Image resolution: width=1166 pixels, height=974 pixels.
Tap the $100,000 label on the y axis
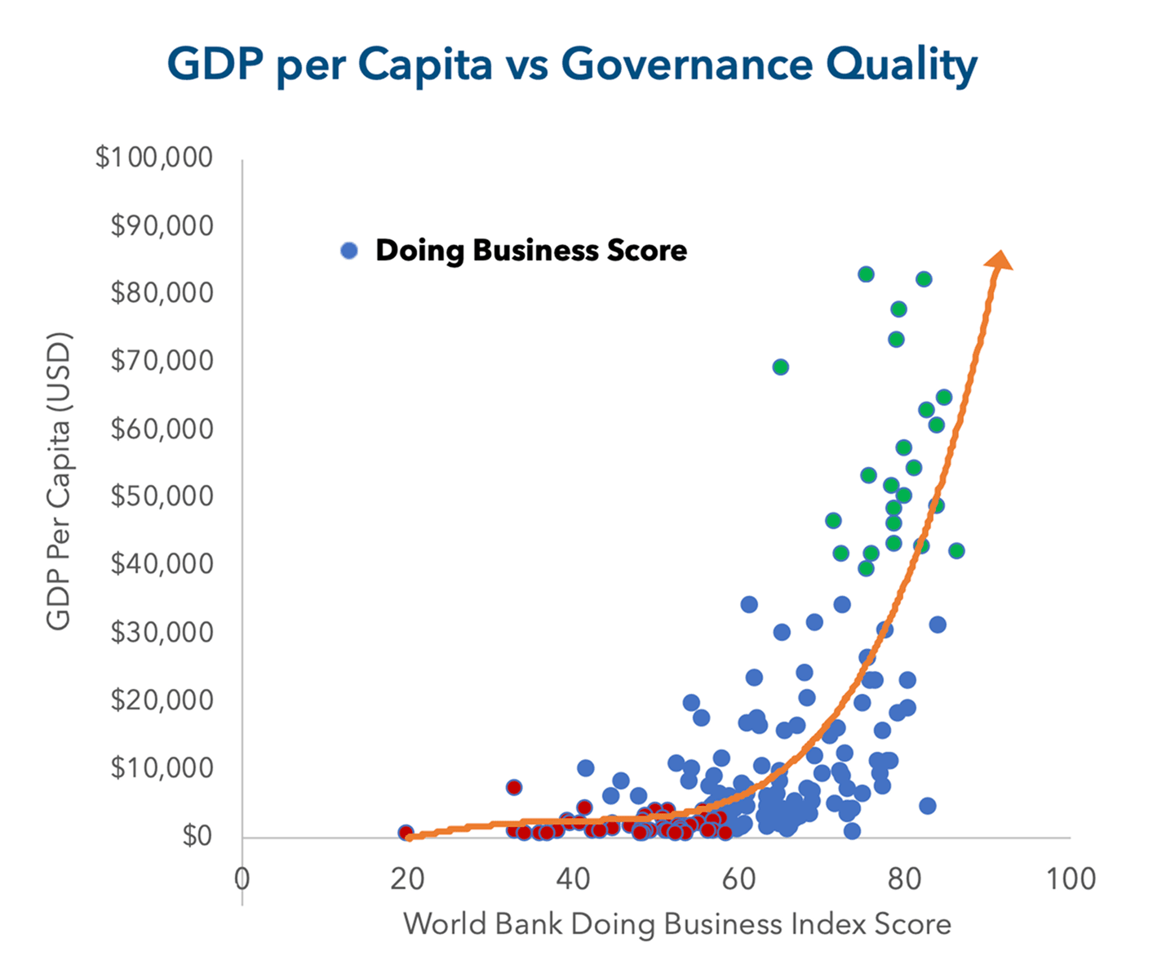click(x=153, y=157)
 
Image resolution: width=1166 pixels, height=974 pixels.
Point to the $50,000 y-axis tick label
click(x=162, y=496)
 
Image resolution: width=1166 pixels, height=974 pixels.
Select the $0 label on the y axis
click(x=197, y=835)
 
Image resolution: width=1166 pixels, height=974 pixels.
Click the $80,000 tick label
click(x=162, y=292)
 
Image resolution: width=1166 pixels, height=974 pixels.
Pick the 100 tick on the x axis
click(x=1070, y=879)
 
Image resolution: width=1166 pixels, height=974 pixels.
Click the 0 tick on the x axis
click(x=242, y=879)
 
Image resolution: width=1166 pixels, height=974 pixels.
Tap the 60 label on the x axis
click(x=738, y=879)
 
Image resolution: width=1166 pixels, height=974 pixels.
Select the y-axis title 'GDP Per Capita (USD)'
click(x=59, y=482)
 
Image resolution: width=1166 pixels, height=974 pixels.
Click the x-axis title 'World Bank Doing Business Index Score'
click(x=676, y=924)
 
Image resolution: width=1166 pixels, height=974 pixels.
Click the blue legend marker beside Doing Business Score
click(x=349, y=251)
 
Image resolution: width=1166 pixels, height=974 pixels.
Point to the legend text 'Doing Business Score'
click(x=531, y=251)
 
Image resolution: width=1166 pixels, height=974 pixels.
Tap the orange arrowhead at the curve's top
click(x=999, y=260)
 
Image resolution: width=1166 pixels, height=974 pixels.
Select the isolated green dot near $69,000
click(x=781, y=367)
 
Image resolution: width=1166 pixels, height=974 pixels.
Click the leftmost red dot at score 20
click(x=406, y=833)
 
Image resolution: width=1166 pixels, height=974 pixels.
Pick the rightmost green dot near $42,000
click(x=956, y=551)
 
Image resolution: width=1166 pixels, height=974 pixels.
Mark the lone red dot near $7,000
click(x=513, y=788)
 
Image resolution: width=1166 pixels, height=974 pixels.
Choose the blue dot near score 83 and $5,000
click(x=927, y=806)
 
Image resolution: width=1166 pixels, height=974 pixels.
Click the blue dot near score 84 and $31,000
click(x=938, y=625)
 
